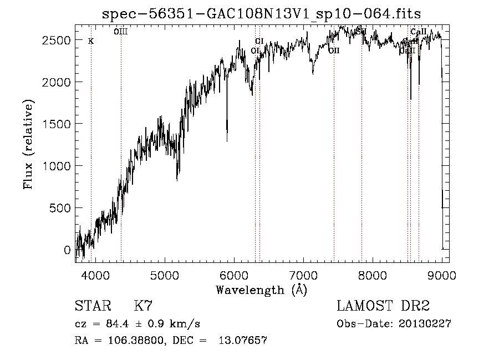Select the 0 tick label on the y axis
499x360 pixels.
(68, 250)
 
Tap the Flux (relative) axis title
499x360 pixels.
(28, 144)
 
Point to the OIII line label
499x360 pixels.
(121, 32)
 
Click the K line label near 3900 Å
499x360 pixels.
(91, 41)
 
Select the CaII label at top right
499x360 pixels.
(418, 32)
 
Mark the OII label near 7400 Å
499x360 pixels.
(334, 51)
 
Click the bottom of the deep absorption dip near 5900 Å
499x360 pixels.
(227, 140)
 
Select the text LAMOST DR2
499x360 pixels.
(383, 306)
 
